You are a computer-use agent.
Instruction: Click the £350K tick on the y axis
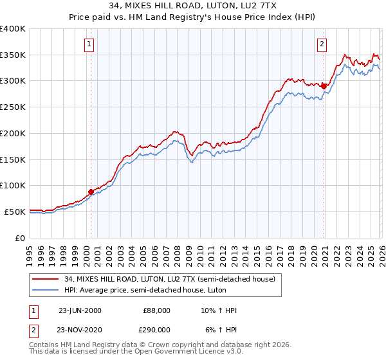(13, 55)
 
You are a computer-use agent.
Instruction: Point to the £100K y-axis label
(13, 185)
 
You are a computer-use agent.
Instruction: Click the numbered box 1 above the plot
(88, 44)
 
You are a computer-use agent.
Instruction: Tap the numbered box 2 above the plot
(321, 44)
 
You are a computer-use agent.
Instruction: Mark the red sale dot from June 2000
(91, 191)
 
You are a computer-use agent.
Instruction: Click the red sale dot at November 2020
(324, 85)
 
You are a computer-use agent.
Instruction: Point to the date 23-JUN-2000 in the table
(80, 310)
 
